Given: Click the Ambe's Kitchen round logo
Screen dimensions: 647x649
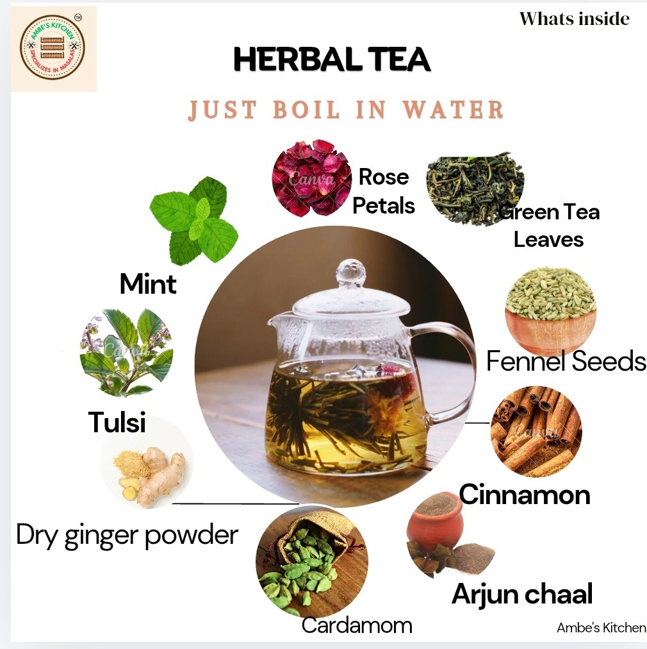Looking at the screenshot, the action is (52, 46).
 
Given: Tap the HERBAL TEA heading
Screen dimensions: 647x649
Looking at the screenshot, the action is (332, 60).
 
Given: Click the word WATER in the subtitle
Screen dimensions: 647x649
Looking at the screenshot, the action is (453, 110).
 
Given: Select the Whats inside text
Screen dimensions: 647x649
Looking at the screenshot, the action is (574, 19).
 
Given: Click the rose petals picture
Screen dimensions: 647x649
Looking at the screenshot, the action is (312, 178).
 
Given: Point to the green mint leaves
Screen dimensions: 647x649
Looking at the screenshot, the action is (193, 221).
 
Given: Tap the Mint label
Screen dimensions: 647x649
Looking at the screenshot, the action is (148, 284).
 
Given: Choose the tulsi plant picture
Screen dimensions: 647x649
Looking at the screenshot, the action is (126, 352).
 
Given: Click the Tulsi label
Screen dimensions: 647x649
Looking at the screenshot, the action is (117, 422).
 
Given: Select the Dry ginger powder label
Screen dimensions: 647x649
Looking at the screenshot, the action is (127, 535).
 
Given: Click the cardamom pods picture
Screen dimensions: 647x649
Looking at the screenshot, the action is (312, 561).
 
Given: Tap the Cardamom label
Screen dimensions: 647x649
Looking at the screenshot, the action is (357, 625).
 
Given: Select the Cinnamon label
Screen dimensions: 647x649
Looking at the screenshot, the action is (525, 494).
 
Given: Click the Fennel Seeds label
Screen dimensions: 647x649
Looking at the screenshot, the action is (566, 361).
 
